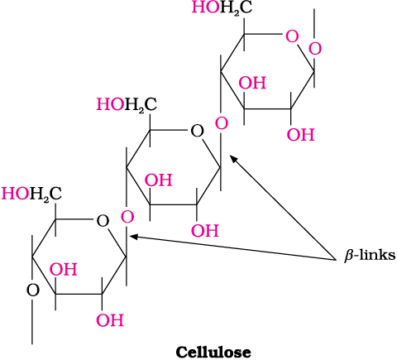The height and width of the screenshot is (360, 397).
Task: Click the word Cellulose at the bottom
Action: coord(213,352)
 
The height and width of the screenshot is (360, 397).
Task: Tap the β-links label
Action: coord(370,255)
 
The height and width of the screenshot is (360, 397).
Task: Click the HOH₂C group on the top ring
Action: coord(222,7)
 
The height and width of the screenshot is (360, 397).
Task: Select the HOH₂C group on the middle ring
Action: coord(127,104)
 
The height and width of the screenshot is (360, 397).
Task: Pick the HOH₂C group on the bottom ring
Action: coord(31,194)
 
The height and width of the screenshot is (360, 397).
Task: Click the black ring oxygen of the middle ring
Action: coord(197,132)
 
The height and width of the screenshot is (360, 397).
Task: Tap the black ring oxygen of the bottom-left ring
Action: coord(103,221)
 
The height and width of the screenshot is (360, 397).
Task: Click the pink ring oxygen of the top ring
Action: coord(292,36)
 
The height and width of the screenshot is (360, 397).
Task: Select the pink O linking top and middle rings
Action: coord(222,123)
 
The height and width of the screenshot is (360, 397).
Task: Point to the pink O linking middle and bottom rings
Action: coord(127,217)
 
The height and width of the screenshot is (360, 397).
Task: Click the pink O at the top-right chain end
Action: coord(315,49)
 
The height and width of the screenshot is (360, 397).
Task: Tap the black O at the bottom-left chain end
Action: coord(33,290)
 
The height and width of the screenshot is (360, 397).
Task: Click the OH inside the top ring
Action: coord(252,83)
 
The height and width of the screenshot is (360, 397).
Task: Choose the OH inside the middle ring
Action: coord(159,180)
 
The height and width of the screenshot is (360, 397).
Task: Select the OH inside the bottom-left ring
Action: coord(63,270)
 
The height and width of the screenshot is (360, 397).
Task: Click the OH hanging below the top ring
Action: coord(300,135)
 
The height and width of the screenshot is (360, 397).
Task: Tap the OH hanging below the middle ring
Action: coord(205,231)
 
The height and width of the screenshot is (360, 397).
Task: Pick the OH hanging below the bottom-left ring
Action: coord(110,320)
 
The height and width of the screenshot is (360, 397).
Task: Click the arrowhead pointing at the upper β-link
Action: coord(234,160)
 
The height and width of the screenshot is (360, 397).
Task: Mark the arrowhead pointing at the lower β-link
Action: coord(134,237)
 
